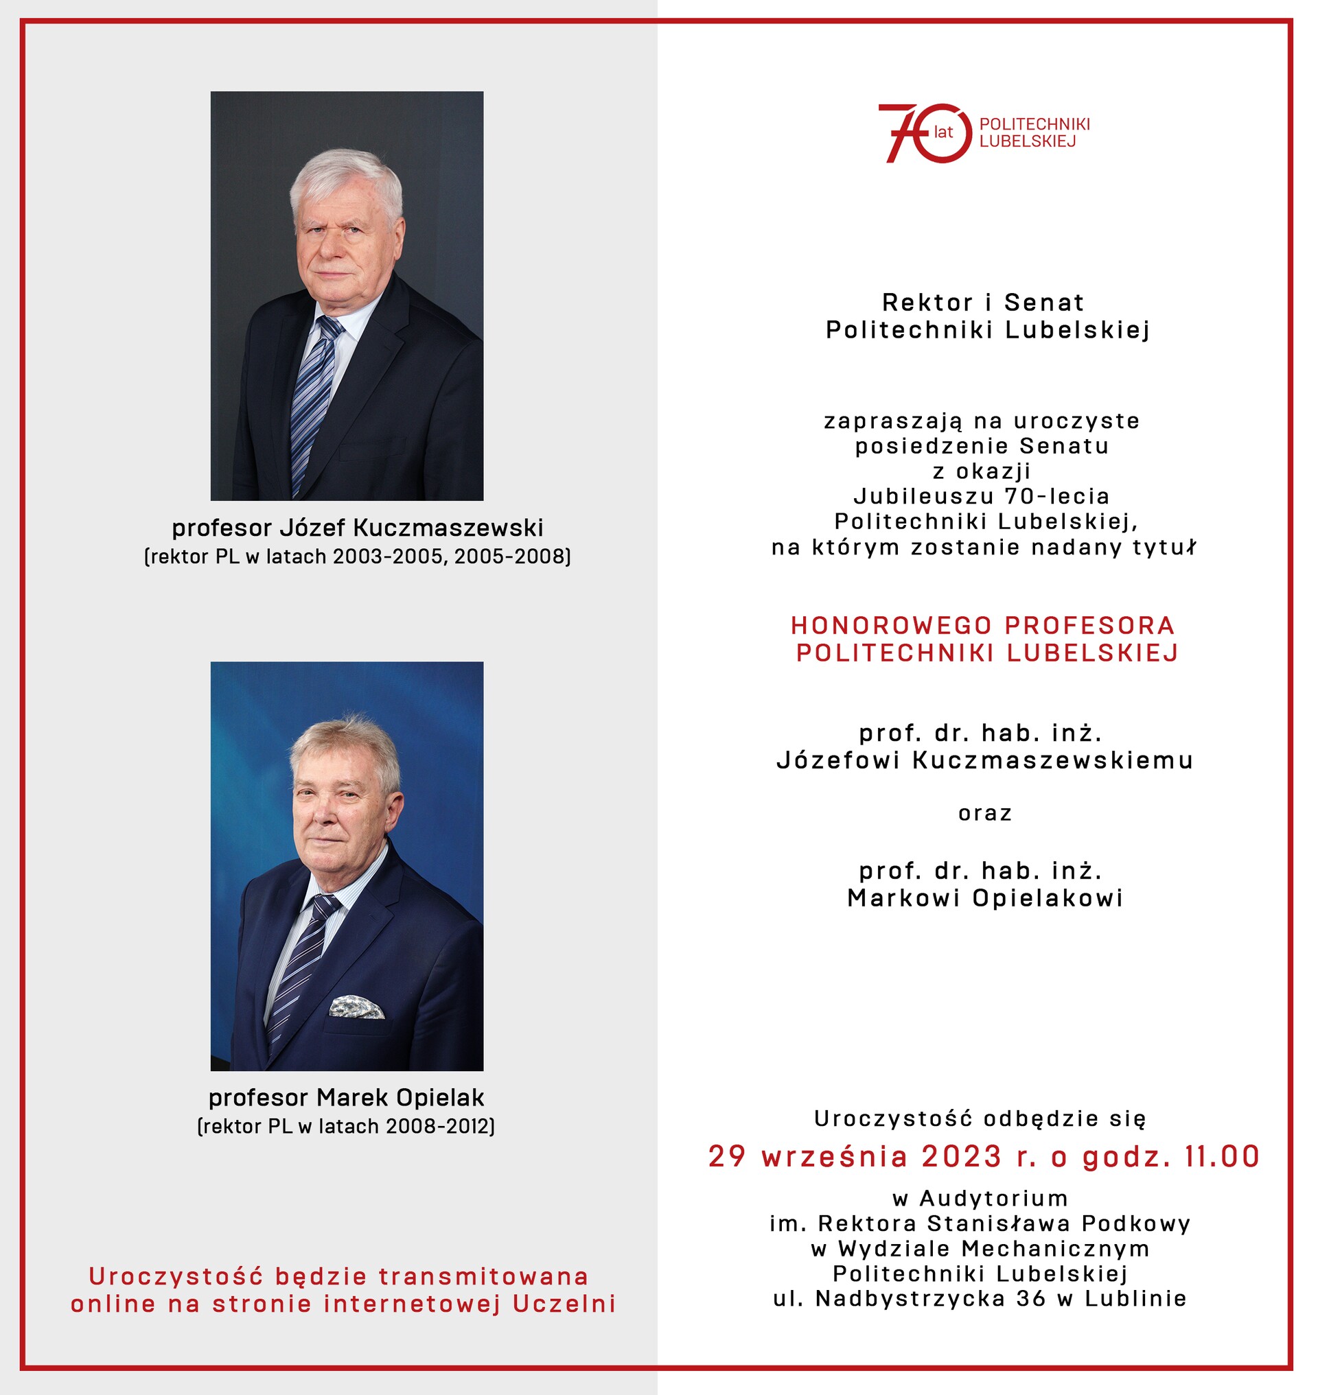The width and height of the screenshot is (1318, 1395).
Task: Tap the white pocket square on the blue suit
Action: click(356, 1007)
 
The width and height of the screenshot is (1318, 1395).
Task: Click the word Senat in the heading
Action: click(1044, 303)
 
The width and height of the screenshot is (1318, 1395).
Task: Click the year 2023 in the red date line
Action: click(962, 1157)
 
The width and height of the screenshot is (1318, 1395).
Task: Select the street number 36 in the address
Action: click(1031, 1299)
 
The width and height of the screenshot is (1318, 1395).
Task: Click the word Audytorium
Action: click(993, 1198)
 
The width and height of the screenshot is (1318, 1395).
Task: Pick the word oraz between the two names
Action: click(985, 813)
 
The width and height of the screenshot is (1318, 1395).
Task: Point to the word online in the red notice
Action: click(113, 1304)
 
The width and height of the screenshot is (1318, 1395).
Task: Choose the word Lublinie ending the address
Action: click(1135, 1299)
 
